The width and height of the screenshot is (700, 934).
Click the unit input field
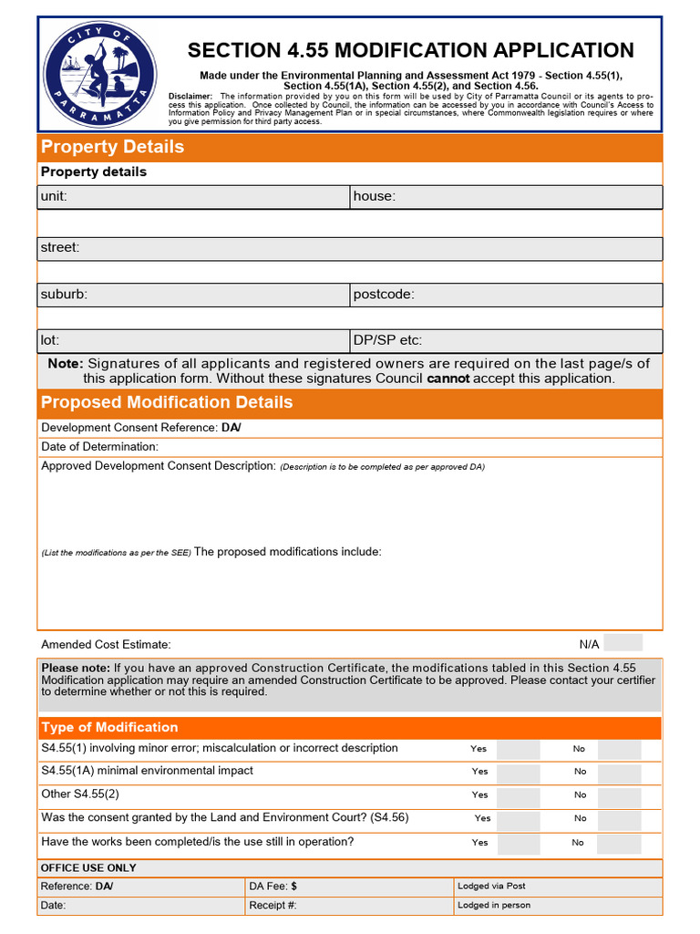[193, 197]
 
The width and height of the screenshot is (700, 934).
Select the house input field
[506, 197]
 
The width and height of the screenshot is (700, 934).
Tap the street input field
[350, 248]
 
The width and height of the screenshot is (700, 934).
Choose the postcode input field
[506, 295]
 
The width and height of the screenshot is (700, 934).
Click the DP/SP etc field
[506, 340]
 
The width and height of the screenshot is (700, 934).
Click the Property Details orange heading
[112, 147]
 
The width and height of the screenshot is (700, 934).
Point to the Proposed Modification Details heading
[167, 402]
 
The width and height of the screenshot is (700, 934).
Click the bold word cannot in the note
[448, 379]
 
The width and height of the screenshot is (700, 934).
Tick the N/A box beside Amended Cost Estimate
[623, 643]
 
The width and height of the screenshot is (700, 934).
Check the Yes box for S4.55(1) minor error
[518, 749]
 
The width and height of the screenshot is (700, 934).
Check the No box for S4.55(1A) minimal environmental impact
[619, 772]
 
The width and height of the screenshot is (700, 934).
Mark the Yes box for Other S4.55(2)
[518, 795]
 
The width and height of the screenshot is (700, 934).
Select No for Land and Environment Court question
[619, 819]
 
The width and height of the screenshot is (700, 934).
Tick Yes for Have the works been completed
[518, 843]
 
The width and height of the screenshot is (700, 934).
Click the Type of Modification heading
[109, 727]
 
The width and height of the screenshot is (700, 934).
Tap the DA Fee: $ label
[273, 887]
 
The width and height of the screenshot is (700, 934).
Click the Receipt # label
[273, 906]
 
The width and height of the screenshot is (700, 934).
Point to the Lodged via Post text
[491, 886]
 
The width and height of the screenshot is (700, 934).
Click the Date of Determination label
[99, 447]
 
